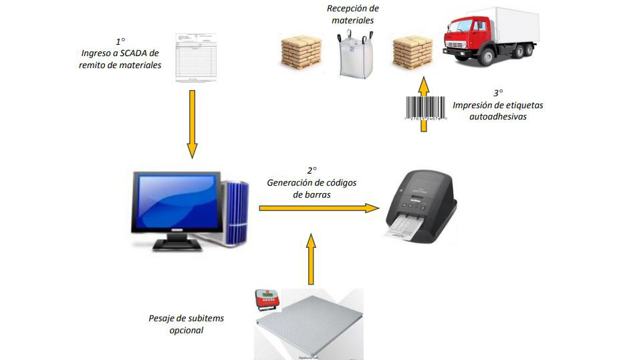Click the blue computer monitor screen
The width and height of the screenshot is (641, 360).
(176, 201)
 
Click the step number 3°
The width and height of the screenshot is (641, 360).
(497, 93)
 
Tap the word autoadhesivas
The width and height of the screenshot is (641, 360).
(497, 116)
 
